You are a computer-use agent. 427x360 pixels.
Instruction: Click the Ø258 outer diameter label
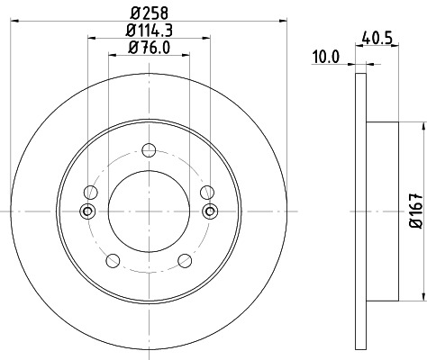pyautogui.click(x=149, y=12)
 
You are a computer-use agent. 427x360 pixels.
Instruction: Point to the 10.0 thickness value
pyautogui.click(x=325, y=56)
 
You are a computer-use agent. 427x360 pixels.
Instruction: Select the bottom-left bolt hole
pyautogui.click(x=113, y=261)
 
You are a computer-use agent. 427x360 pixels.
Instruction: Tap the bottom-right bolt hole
pyautogui.click(x=186, y=261)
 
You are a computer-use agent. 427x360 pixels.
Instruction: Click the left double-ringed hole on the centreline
pyautogui.click(x=87, y=211)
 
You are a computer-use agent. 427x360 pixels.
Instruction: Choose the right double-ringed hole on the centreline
pyautogui.click(x=211, y=211)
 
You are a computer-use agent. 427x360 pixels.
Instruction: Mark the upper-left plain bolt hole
pyautogui.click(x=90, y=191)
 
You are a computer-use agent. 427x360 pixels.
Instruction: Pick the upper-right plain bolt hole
pyautogui.click(x=208, y=191)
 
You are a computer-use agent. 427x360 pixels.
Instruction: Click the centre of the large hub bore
pyautogui.click(x=149, y=211)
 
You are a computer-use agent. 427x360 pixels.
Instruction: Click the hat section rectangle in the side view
pyautogui.click(x=383, y=211)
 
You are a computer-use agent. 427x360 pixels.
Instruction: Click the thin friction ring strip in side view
pyautogui.click(x=361, y=211)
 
